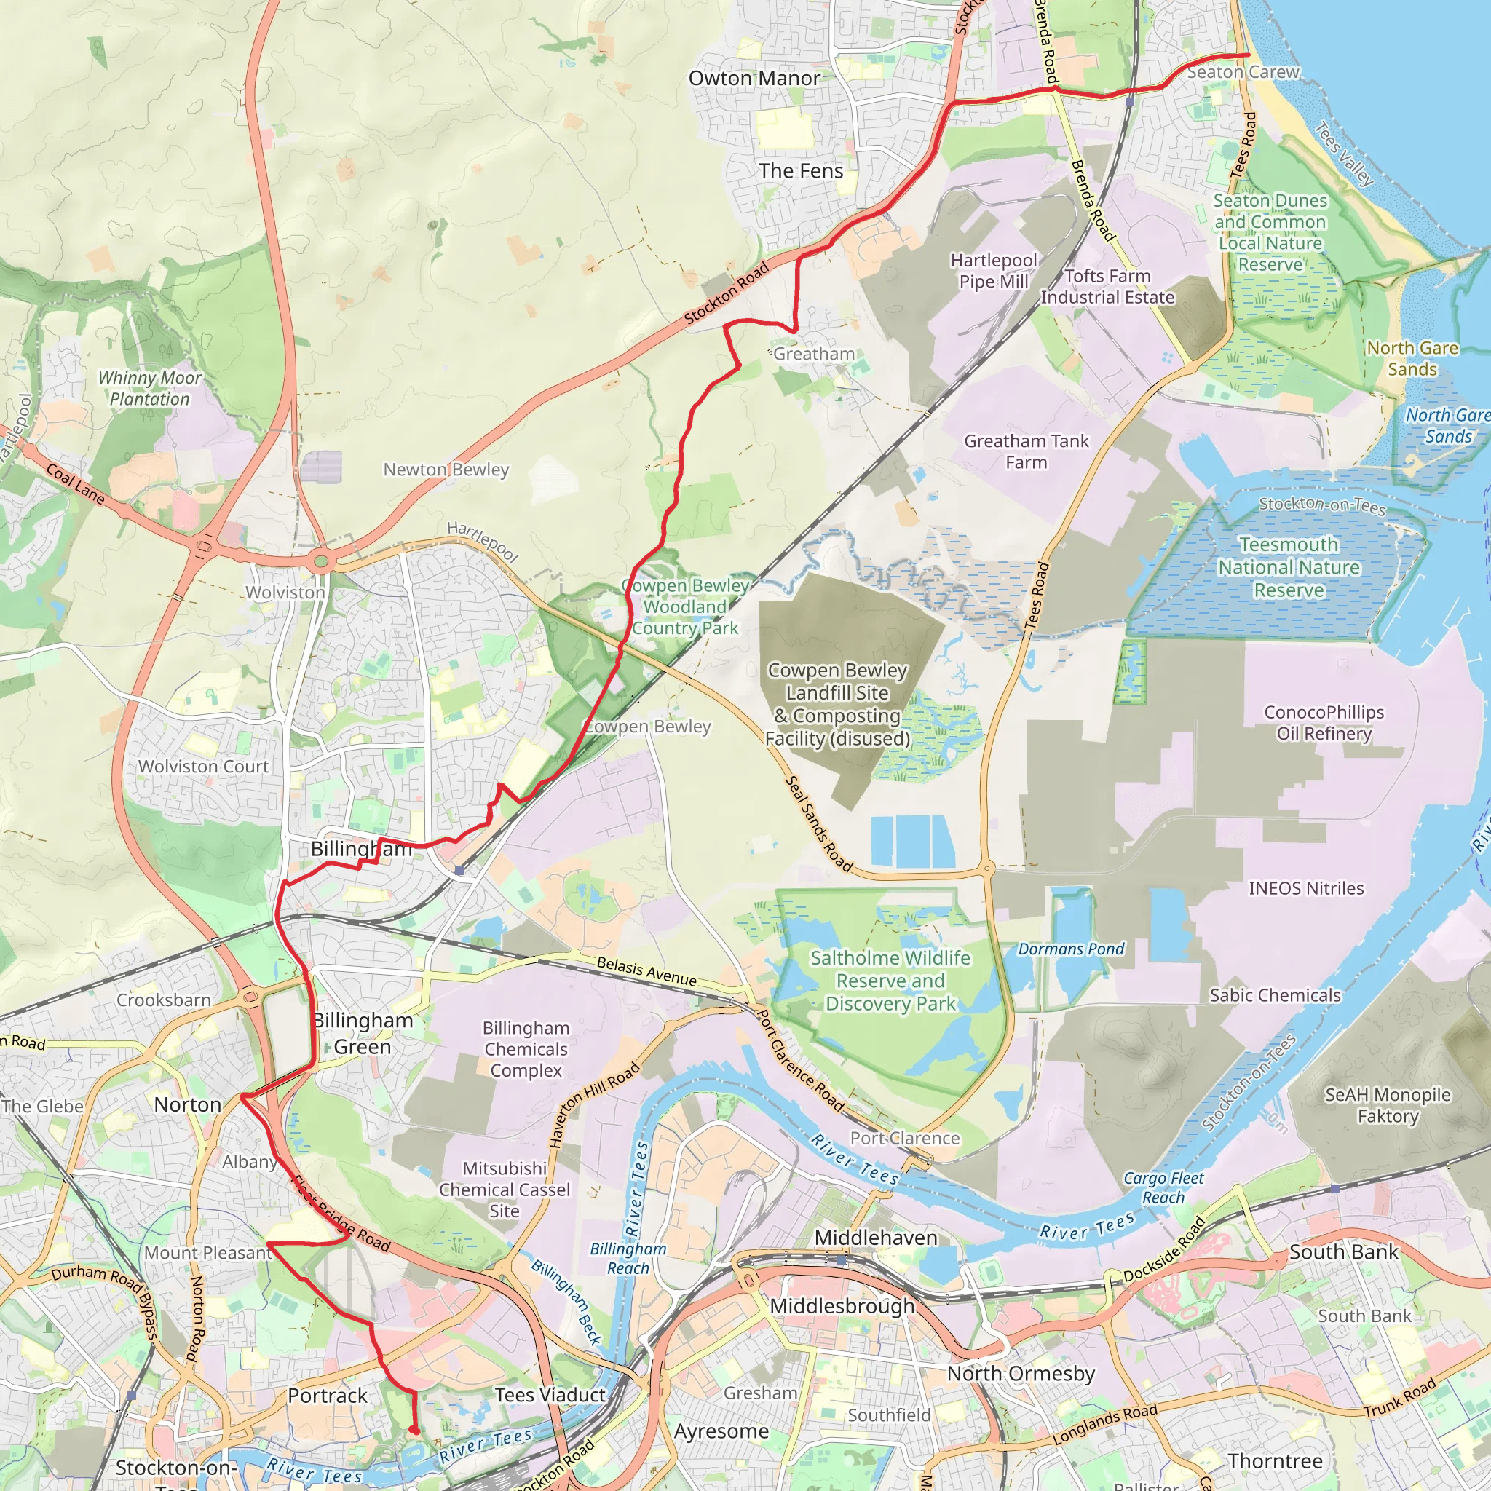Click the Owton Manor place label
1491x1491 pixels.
[754, 79]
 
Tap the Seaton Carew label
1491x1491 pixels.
[1243, 73]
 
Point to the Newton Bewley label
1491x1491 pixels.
[446, 470]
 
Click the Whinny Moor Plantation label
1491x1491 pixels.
[149, 389]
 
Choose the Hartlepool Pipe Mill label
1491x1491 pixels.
[993, 272]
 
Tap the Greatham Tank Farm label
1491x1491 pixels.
[1026, 452]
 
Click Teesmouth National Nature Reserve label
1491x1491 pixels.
[1288, 568]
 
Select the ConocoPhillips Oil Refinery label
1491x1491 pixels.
[1324, 723]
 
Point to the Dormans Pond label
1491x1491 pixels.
[1070, 949]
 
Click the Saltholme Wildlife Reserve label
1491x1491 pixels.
[890, 981]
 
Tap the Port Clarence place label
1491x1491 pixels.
[904, 1139]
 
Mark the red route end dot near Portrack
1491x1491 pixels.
[414, 1430]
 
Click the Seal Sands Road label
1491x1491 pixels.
[818, 824]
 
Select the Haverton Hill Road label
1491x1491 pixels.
[593, 1105]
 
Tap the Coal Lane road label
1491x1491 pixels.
[75, 484]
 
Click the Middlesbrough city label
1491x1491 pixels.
[842, 1306]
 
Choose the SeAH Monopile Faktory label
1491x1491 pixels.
[1388, 1105]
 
